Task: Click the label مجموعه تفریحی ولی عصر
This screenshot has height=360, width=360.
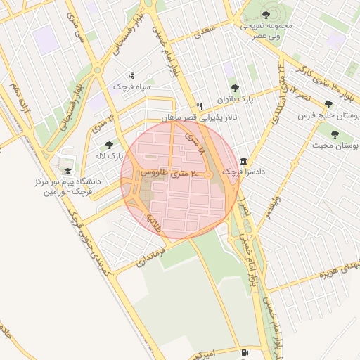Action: [266, 30]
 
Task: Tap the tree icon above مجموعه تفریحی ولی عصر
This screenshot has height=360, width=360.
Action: [266, 14]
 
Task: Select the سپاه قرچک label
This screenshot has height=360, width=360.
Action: [138, 86]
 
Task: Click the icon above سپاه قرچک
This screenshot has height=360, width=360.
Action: [131, 76]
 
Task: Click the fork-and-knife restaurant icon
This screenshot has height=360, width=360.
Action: [200, 106]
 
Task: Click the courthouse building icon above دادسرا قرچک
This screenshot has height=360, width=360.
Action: [243, 160]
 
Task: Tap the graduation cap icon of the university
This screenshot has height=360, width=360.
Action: [67, 171]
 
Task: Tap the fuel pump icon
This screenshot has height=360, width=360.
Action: [243, 352]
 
